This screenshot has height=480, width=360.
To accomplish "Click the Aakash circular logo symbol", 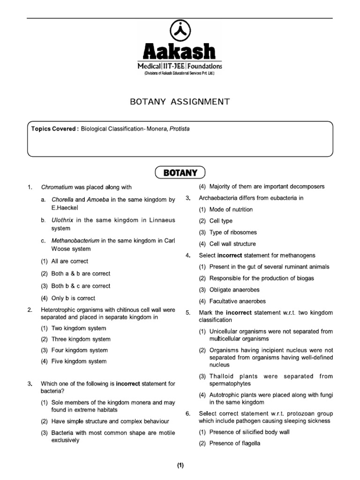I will point(180,31).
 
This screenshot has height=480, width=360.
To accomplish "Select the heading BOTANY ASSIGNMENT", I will point(180,101).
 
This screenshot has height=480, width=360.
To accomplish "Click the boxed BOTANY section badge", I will point(180,172).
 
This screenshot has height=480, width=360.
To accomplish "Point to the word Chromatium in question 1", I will point(56,187).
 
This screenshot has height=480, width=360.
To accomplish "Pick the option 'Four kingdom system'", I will point(79,350).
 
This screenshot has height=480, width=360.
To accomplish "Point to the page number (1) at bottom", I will point(180,465).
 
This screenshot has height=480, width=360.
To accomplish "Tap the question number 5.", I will point(187,313).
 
